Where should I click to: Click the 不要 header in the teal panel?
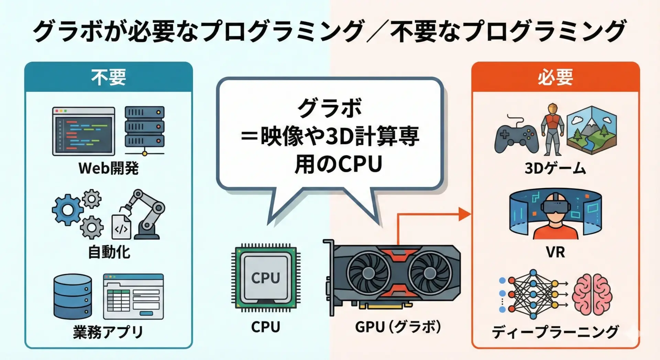coord(109,77)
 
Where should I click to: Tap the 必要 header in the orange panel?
coord(555,77)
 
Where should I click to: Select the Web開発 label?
coord(109,168)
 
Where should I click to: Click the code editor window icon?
coord(84,131)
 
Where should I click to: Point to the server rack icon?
coord(144,131)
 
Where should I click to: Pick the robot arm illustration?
coord(144,214)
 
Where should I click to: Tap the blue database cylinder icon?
coord(73,296)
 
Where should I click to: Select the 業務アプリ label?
coord(108,332)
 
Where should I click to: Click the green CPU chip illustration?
coord(266,278)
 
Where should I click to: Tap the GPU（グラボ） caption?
coord(398,327)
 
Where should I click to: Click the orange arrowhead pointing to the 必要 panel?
coord(465,214)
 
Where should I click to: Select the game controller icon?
coord(516,135)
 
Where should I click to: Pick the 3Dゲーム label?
coord(555,168)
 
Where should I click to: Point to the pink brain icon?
coord(592,295)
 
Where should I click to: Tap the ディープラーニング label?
coord(555,332)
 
